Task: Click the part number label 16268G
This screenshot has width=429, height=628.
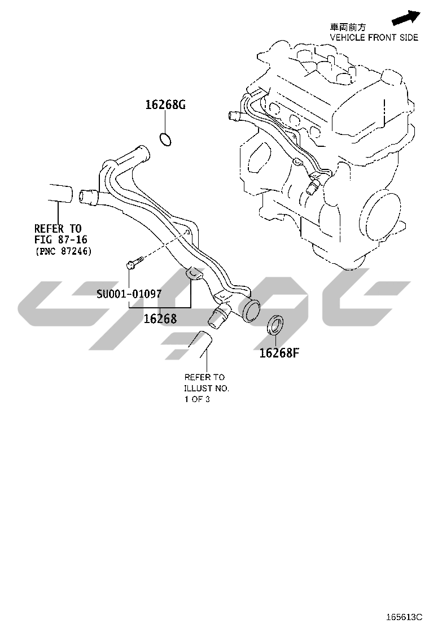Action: click(165, 104)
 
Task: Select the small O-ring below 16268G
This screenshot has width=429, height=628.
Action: click(165, 139)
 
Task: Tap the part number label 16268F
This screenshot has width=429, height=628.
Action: click(279, 353)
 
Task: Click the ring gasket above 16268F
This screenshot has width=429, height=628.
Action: click(275, 325)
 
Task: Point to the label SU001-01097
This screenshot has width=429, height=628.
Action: click(129, 294)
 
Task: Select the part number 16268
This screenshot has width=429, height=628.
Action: click(160, 319)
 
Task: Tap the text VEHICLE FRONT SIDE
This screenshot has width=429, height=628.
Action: click(374, 38)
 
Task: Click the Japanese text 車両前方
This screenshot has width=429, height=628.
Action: click(348, 27)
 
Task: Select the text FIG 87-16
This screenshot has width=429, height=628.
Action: click(61, 239)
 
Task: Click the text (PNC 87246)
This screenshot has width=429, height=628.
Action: click(64, 251)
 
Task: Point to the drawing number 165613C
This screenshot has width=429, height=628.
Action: click(404, 616)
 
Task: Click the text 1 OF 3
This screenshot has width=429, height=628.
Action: click(197, 399)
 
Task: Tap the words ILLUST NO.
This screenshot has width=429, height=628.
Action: click(207, 388)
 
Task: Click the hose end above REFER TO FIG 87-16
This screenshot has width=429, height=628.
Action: click(60, 193)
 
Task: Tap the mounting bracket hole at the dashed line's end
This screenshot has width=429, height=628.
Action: click(187, 232)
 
